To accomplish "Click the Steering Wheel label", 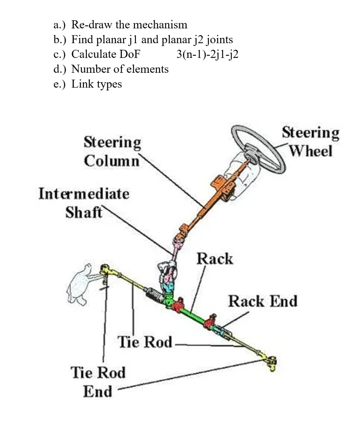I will tap(311, 142).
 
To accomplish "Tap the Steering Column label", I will tap(112, 151).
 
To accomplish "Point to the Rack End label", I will tap(262, 301).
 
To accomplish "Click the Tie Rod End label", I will tap(98, 382).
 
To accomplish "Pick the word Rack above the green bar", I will tap(214, 259).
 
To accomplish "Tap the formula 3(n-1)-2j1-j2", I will tap(207, 54).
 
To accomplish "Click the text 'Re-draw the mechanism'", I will tap(129, 25).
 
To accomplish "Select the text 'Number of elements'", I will tap(120, 69).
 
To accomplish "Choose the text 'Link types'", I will tap(97, 84).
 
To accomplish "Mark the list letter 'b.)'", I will tap(61, 39).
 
